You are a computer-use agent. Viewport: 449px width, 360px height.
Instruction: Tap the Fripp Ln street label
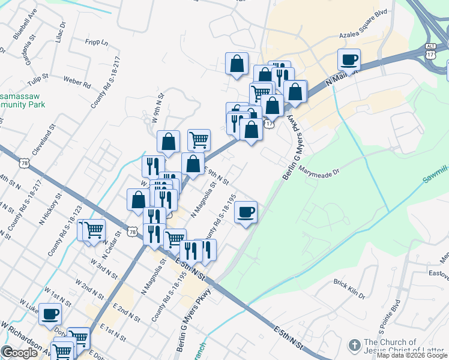(96, 43)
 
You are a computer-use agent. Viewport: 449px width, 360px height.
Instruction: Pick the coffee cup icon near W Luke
(51, 313)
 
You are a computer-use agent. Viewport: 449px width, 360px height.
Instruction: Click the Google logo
(20, 353)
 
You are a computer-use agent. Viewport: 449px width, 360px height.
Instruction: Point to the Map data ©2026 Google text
(412, 355)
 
